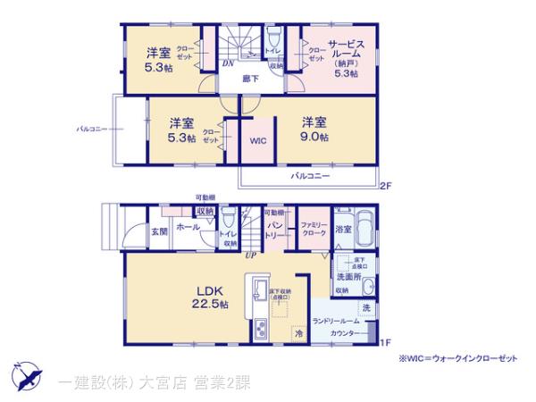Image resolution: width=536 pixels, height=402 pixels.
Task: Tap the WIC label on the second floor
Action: (258, 141)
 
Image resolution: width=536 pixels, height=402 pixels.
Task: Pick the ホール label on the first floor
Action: (188, 228)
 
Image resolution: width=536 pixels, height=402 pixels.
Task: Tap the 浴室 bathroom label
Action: (343, 230)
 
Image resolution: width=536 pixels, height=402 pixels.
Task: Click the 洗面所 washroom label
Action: (349, 276)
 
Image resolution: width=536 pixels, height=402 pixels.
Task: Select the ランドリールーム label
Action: (336, 321)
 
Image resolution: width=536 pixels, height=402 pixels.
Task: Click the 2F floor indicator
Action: (384, 186)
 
